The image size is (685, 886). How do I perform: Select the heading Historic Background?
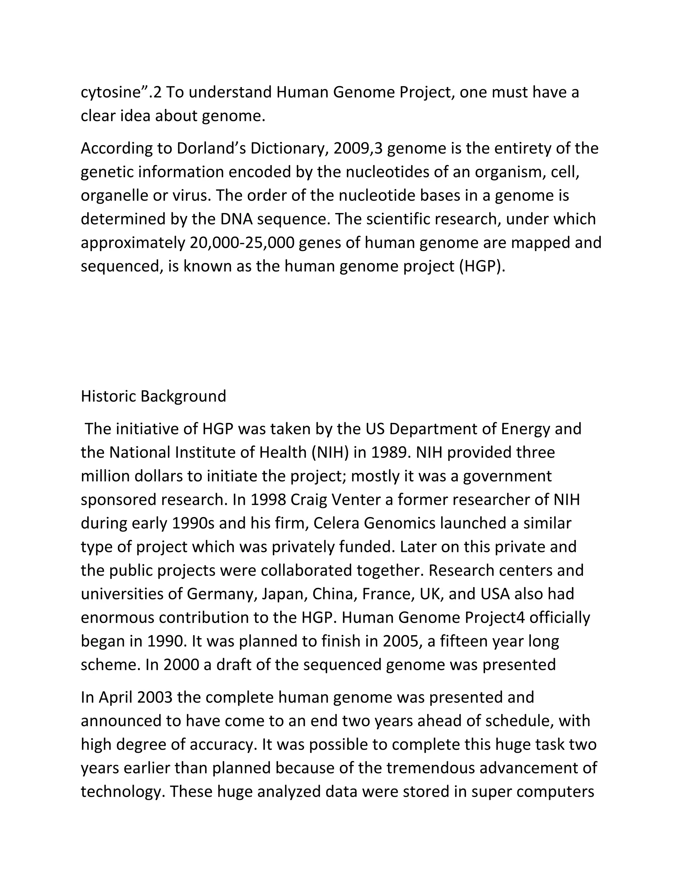click(154, 396)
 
